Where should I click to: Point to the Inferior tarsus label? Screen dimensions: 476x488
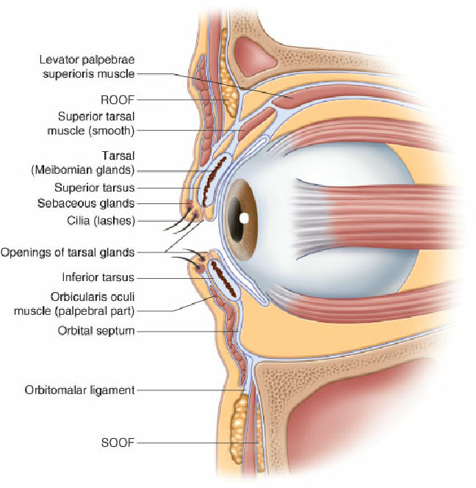pos(98,278)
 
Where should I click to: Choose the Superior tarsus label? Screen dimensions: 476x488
pos(95,188)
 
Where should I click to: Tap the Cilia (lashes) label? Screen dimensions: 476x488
pos(101,219)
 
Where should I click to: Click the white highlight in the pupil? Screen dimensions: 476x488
pos(245,219)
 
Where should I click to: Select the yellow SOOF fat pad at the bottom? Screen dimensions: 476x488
pos(238,426)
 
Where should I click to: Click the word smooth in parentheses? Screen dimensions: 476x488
pos(111,130)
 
